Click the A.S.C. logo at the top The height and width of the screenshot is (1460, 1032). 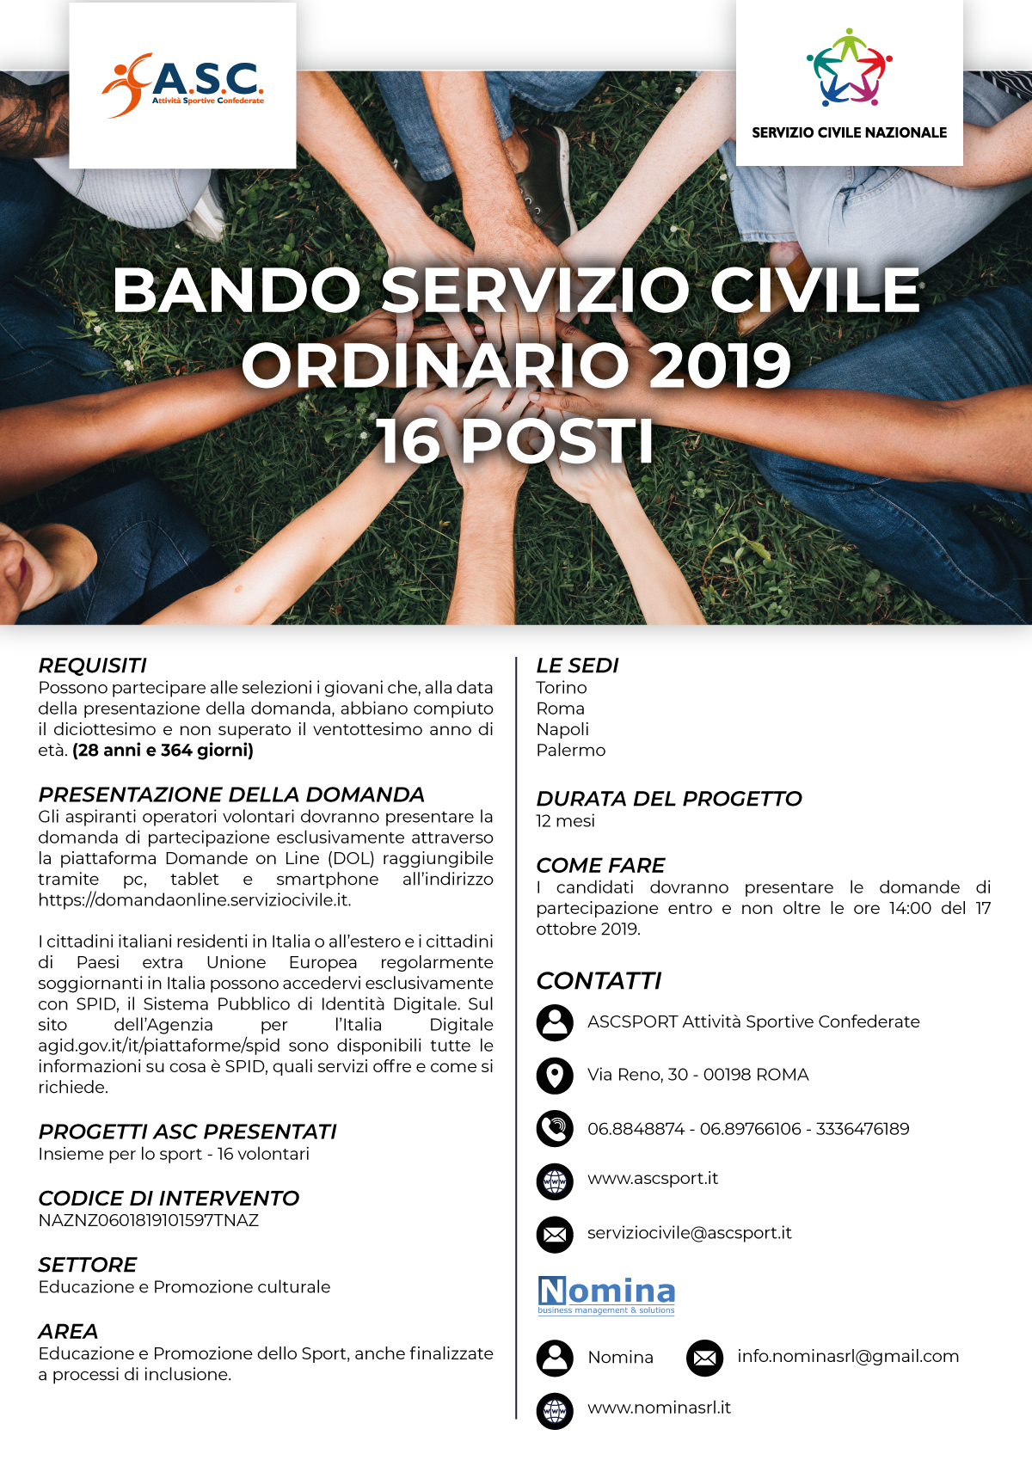183,85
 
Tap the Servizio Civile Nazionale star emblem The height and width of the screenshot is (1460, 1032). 849,68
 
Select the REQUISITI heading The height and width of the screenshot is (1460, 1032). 93,666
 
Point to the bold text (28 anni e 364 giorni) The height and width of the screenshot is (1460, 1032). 163,750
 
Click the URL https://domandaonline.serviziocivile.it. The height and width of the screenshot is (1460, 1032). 194,900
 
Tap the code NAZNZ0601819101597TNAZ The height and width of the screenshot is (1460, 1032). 149,1220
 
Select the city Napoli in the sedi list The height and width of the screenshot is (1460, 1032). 562,729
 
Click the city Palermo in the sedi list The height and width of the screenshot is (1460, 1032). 571,750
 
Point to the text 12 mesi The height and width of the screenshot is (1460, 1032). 565,821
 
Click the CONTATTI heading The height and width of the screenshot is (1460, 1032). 599,981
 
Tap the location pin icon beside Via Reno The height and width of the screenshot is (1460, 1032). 555,1076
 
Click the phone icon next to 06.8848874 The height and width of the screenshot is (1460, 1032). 555,1129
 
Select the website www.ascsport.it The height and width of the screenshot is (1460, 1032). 653,1178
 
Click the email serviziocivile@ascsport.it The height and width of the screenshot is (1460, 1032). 690,1233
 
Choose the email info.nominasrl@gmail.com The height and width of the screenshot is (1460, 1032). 848,1357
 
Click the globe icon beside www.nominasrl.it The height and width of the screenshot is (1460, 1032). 555,1410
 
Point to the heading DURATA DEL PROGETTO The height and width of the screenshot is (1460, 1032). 669,799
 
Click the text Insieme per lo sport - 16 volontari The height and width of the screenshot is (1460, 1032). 174,1154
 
